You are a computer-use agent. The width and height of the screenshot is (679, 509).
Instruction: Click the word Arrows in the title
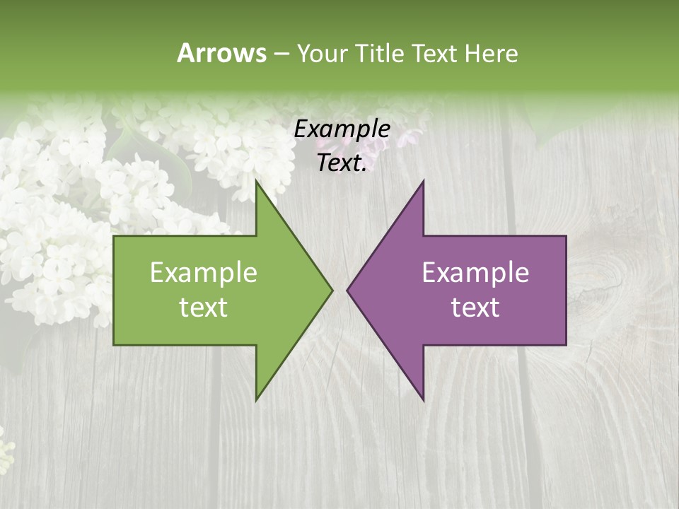coord(221,53)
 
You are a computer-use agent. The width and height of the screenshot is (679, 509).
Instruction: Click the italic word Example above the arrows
coord(342,129)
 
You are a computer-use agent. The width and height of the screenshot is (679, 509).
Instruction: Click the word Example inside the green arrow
coord(204,272)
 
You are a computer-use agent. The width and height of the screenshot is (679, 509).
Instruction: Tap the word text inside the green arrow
coord(204,308)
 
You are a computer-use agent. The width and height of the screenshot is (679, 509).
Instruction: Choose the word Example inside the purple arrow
coord(475,272)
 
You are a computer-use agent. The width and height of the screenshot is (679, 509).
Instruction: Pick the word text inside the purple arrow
coord(475,308)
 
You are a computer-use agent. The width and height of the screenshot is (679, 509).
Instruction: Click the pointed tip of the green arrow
coord(332,290)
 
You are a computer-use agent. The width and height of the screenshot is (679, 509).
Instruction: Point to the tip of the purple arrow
coord(347,290)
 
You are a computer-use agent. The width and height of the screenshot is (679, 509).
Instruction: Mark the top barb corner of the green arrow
coord(256,181)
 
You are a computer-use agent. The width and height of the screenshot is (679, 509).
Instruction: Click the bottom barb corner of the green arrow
coord(256,400)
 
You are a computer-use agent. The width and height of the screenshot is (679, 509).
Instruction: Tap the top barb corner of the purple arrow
coord(423,181)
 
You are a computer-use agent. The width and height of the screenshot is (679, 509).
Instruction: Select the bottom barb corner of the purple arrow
coord(423,400)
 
